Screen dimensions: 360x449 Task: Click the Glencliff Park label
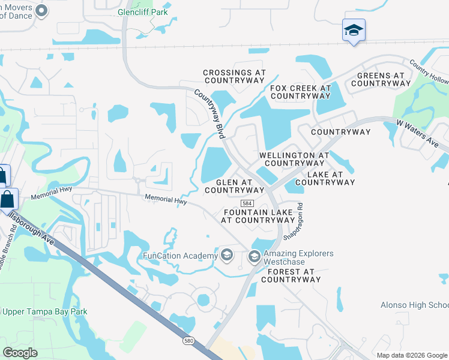142,12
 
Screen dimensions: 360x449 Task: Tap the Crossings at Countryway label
235,76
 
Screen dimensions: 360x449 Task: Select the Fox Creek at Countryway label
300,92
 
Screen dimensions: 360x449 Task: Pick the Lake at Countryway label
325,178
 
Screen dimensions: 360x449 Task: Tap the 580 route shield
188,340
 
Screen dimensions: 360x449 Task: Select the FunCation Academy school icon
226,256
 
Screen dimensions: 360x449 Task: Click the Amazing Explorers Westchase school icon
254,257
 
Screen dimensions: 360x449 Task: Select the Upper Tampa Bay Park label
45,312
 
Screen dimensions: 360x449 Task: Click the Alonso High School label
415,305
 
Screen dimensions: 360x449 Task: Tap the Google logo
21,353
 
